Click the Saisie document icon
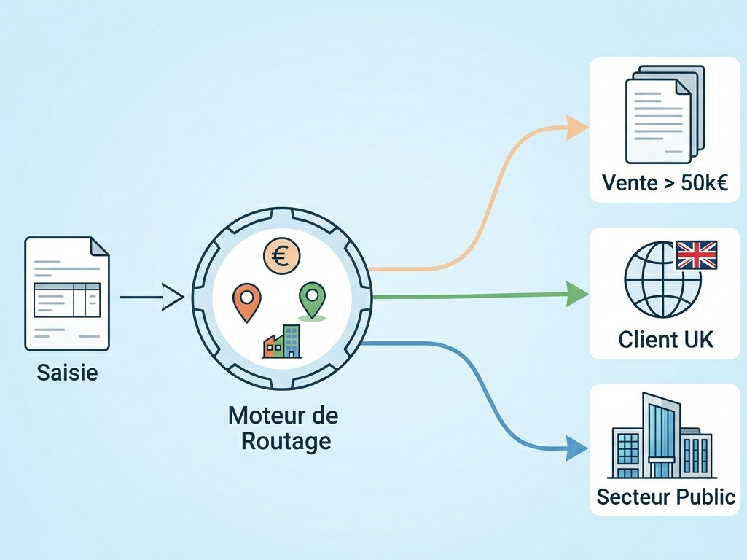pos(67,292)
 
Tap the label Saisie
pos(67,373)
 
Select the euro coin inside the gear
pos(282,256)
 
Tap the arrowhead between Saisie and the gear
pos(173,297)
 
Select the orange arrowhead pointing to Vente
pos(578,129)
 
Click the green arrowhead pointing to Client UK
pos(577,295)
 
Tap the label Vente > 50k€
pos(665,183)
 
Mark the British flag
pos(697,255)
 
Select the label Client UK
pos(665,339)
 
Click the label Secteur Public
pos(665,497)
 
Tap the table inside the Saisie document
pos(67,299)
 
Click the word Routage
pos(286,440)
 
